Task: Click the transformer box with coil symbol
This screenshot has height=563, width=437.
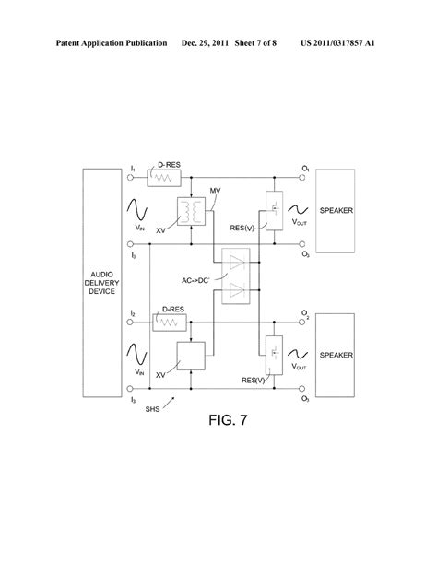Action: point(194,213)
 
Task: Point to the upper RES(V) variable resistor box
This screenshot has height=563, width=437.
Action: point(272,211)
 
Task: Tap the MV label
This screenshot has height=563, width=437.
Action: point(215,191)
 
